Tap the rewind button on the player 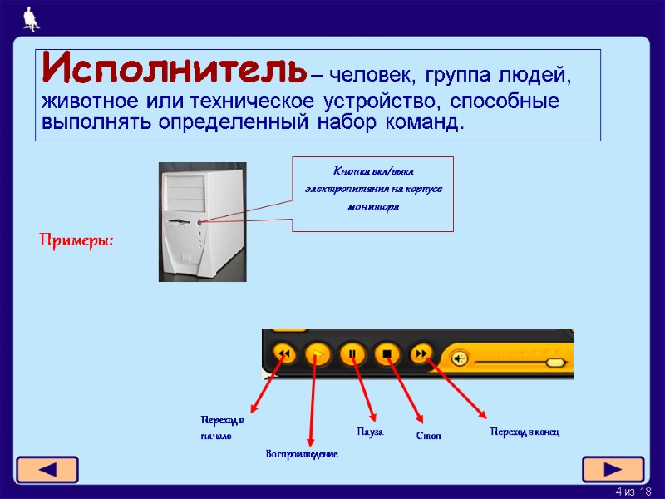tap(284, 355)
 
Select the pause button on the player tap(352, 355)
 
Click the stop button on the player tap(387, 355)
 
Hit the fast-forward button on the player tap(421, 355)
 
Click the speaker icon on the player tap(458, 359)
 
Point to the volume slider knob tap(555, 363)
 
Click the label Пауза tap(369, 432)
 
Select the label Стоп tap(428, 436)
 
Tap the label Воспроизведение tap(301, 454)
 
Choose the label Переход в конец tap(525, 432)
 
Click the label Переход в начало tap(222, 427)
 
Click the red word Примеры tap(77, 240)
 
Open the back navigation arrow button tap(47, 468)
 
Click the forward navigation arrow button tap(613, 468)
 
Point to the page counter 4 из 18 tap(633, 492)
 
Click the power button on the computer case tap(201, 222)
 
